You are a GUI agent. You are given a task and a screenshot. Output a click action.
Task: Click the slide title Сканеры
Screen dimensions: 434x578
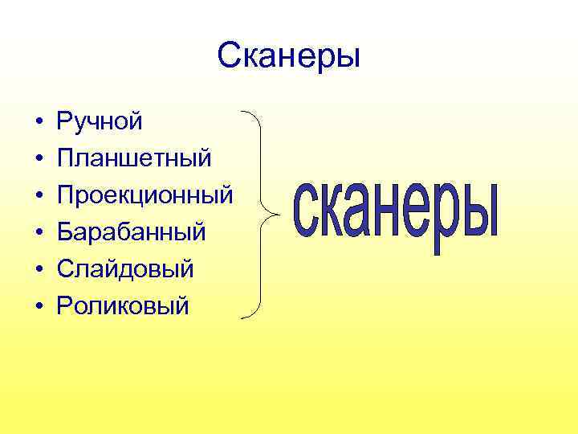(x=289, y=56)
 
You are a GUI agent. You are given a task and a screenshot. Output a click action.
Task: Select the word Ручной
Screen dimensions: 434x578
(x=100, y=121)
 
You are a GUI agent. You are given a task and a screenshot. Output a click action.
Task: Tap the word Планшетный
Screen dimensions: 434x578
(x=134, y=158)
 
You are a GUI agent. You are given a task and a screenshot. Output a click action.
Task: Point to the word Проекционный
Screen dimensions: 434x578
(x=144, y=195)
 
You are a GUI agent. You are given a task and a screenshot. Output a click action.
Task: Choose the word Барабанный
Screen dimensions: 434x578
(x=132, y=231)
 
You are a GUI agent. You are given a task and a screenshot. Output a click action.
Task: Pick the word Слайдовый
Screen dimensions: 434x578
(x=125, y=268)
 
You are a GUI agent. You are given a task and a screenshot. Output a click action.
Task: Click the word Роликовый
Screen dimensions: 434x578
(x=123, y=305)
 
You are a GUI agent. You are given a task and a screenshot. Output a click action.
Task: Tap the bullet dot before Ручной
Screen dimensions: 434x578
(x=38, y=122)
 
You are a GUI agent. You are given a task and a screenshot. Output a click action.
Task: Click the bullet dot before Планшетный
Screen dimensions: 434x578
(x=38, y=159)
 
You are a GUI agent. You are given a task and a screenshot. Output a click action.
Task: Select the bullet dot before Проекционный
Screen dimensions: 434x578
(x=38, y=196)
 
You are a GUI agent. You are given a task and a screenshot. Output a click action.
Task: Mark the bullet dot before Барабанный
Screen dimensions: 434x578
(x=38, y=233)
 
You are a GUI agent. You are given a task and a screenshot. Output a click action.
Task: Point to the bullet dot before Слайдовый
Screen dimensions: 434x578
(x=38, y=269)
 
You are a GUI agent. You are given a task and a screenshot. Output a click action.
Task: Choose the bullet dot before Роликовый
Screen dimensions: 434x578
(x=38, y=306)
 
